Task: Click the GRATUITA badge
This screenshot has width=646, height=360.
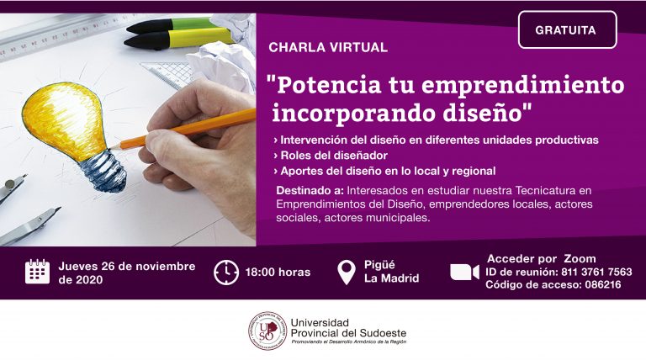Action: point(567,29)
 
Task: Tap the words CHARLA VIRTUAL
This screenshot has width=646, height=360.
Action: point(328,47)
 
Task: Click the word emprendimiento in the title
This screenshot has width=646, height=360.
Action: point(523,85)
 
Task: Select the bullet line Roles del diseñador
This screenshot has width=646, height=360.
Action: point(331,156)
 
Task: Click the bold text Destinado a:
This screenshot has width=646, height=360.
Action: point(310,191)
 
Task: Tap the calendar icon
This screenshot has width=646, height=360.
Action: point(38,272)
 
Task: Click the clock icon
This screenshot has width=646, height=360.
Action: point(226,273)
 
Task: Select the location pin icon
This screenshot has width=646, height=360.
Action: point(347,273)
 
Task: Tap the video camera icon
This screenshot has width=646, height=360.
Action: point(464,273)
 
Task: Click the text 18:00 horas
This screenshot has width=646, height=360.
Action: point(278,273)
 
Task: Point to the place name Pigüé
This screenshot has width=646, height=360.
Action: point(379,264)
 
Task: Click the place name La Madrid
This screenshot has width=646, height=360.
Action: point(391,278)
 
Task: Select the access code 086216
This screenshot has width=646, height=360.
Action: point(603,284)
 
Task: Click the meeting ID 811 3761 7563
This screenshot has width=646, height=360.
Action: point(596,272)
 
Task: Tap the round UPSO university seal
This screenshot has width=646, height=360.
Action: point(267,331)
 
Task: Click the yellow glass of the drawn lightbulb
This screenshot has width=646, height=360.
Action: point(65,119)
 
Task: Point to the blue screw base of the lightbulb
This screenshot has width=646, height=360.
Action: point(103,171)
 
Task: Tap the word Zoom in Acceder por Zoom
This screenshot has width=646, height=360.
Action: point(580,259)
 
